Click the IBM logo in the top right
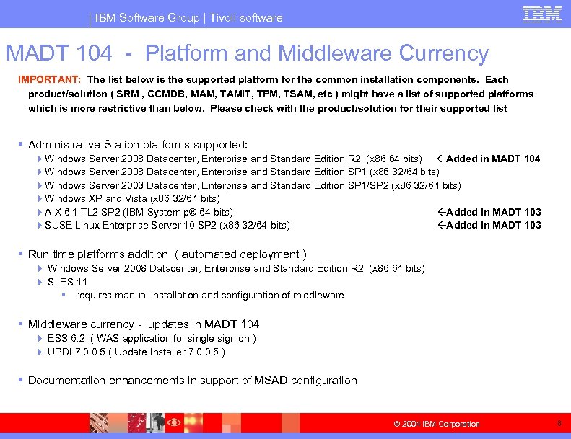pos(541,14)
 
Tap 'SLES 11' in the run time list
pos(67,282)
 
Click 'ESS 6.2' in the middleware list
pos(67,338)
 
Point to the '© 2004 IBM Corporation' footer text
pos(436,424)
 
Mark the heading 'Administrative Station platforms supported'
pos(137,144)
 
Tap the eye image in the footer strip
pos(174,422)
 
